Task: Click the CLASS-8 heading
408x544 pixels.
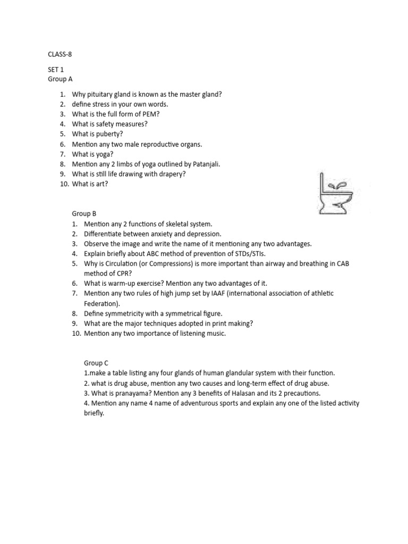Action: coord(59,54)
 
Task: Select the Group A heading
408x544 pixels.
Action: coord(60,79)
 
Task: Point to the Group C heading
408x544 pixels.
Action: coord(96,363)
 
